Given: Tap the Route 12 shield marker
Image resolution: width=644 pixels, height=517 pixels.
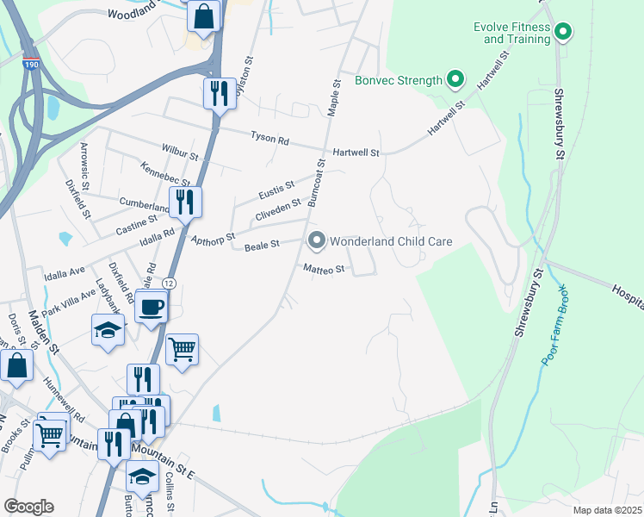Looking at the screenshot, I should point(169,283).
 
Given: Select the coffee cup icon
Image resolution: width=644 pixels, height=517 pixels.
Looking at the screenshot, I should point(152,307).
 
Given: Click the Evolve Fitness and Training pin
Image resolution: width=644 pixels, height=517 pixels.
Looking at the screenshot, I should point(563,33).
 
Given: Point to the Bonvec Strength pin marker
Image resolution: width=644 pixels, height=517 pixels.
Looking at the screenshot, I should point(455,81).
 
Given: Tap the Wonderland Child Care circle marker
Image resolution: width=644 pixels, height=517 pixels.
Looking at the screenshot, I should point(316,241).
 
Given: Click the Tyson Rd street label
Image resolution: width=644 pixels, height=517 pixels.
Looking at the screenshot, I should point(269,137).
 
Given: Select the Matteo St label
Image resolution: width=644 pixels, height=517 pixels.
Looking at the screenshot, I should point(323,269).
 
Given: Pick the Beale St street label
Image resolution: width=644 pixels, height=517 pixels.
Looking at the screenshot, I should point(262,246).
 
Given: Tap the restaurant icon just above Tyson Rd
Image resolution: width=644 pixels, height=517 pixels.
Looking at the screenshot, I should point(220,92).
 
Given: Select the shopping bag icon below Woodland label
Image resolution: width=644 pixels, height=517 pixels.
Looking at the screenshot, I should point(203,16).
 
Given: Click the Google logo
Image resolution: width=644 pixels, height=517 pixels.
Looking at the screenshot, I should point(28,507).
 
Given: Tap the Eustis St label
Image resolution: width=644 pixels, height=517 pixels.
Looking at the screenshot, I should point(277,186).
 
